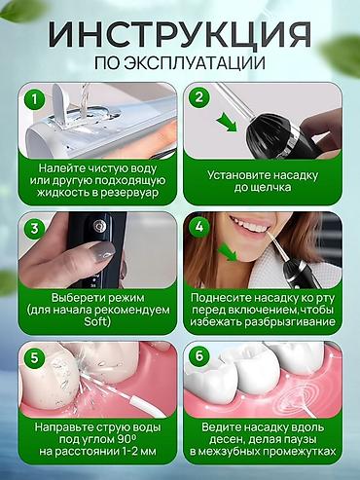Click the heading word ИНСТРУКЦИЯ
[x=180, y=34]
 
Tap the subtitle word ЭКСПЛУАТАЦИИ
[x=194, y=63]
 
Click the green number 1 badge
[x=34, y=98]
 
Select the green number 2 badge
[x=198, y=97]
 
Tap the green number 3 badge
[x=34, y=228]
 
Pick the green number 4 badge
[x=198, y=227]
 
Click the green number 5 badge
[x=34, y=357]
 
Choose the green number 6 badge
[x=198, y=356]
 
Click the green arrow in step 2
[x=227, y=123]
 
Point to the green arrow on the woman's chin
[x=229, y=252]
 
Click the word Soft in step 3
[x=97, y=321]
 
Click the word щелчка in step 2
[x=271, y=188]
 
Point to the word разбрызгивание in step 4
[x=290, y=322]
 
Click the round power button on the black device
[x=97, y=225]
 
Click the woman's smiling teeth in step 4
[x=251, y=225]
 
